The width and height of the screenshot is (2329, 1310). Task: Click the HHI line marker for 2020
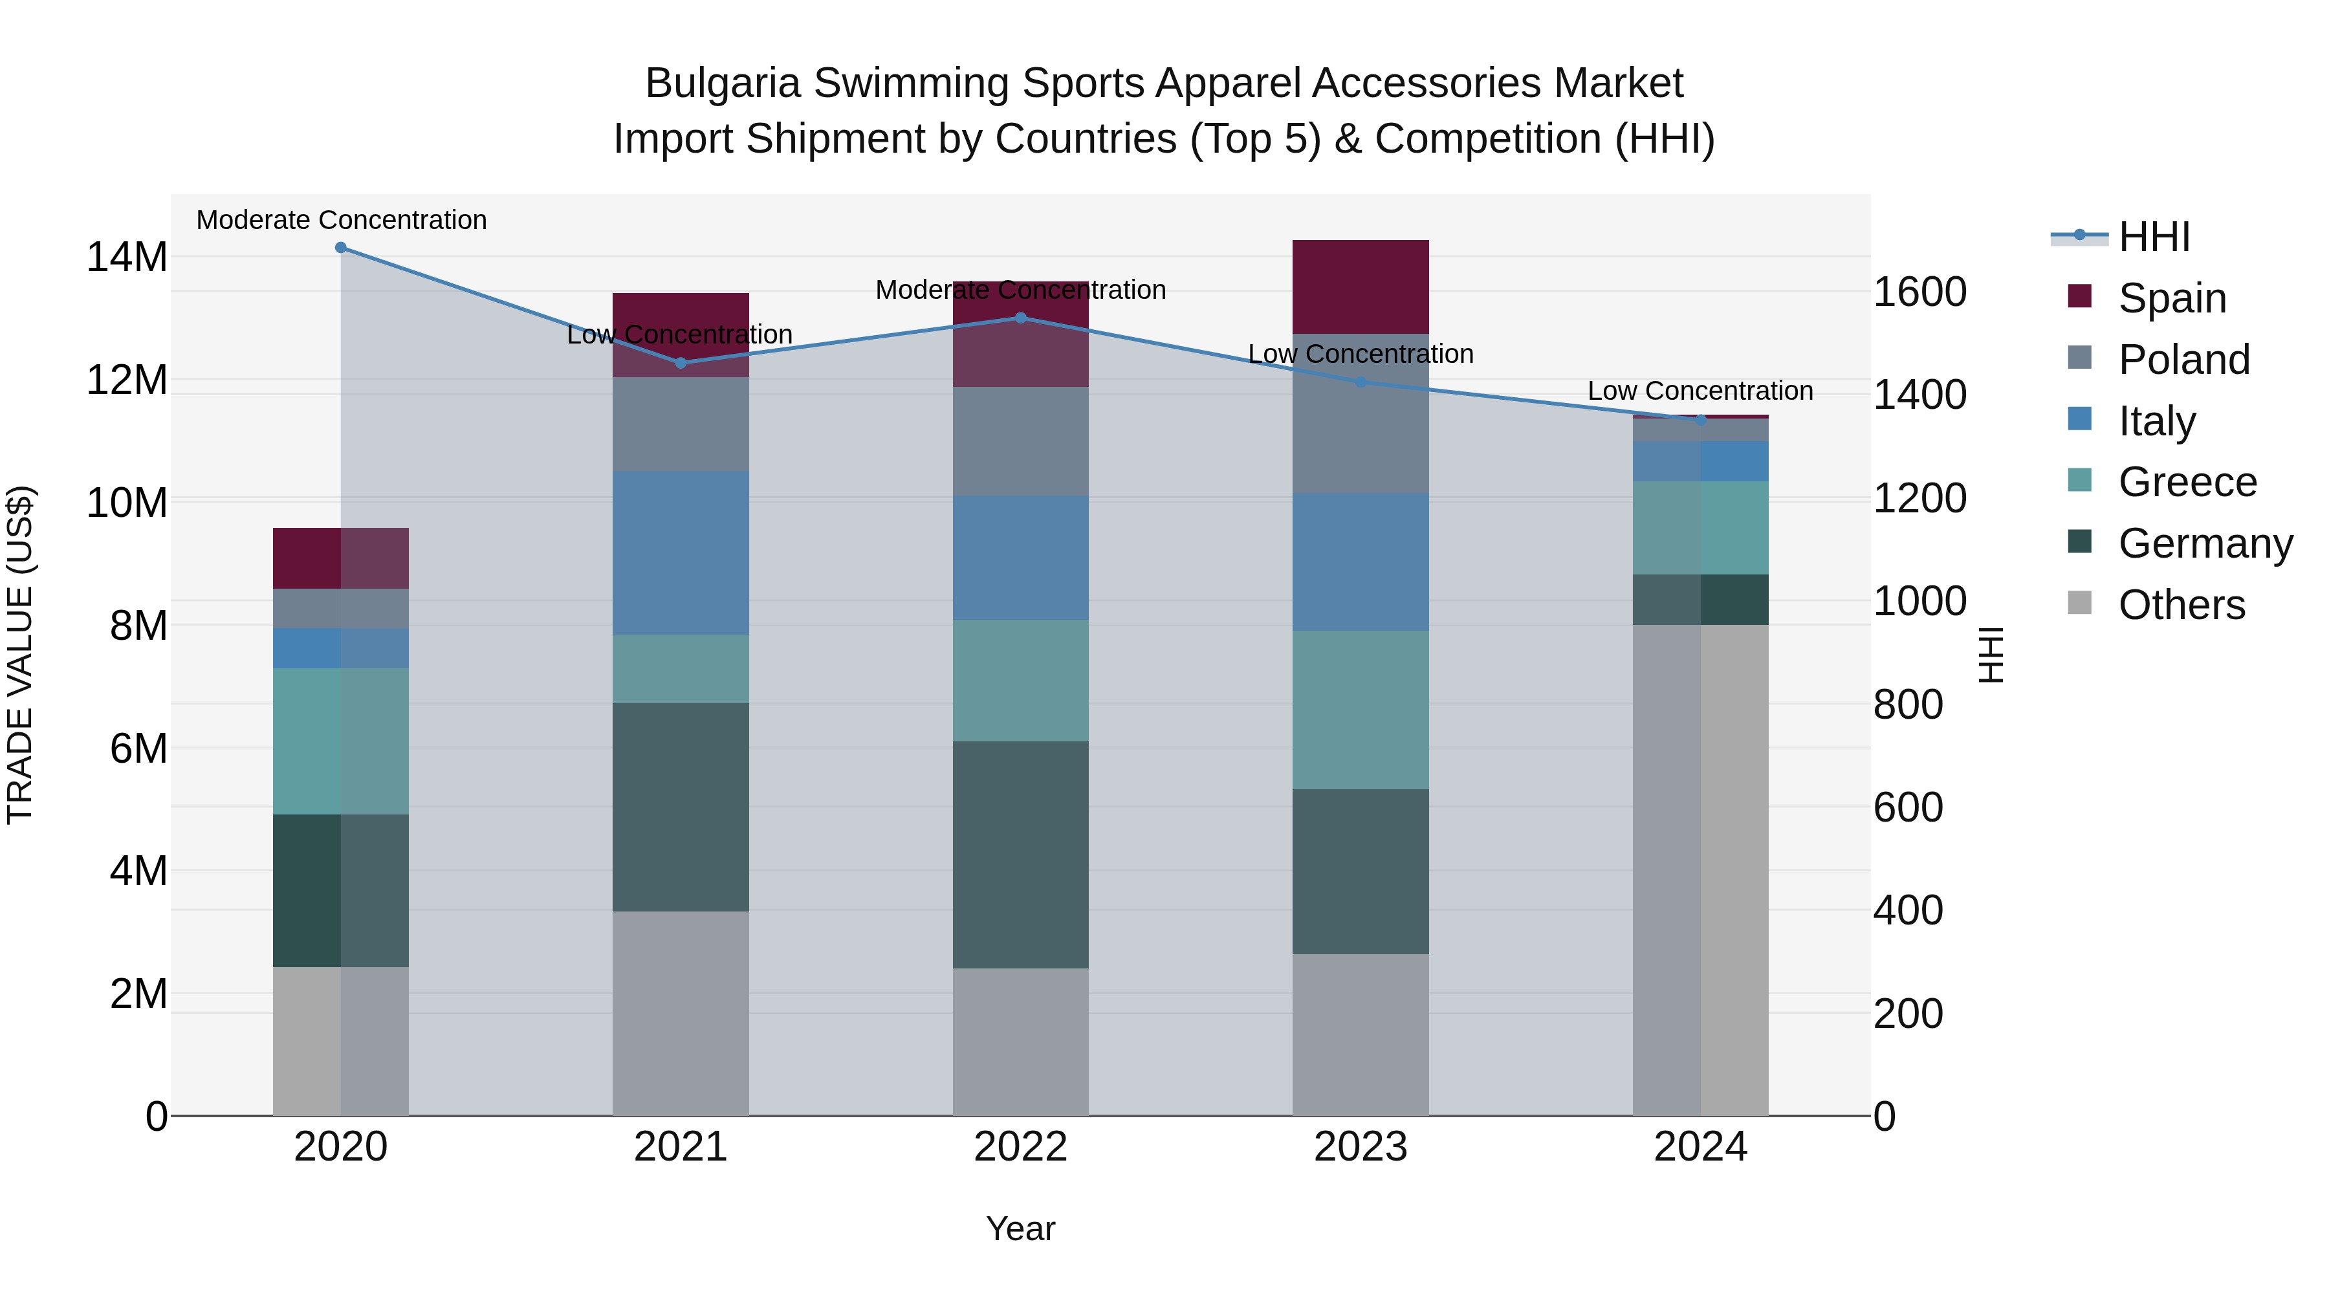click(x=341, y=248)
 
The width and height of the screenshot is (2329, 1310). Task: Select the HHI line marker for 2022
click(x=1021, y=318)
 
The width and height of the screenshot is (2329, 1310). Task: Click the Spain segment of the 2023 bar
click(x=1360, y=287)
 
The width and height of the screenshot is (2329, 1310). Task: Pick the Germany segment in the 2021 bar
click(x=680, y=807)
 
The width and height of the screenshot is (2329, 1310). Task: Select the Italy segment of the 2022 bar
click(x=1021, y=557)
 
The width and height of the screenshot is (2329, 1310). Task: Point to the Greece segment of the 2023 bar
click(x=1360, y=710)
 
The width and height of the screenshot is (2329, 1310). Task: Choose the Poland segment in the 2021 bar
click(x=680, y=424)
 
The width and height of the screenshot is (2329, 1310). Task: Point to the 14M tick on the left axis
click(x=127, y=257)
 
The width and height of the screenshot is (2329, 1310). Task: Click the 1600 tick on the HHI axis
click(x=1919, y=292)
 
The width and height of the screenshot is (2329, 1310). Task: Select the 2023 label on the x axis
click(x=1360, y=1147)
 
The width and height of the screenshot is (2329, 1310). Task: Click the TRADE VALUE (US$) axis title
click(x=20, y=655)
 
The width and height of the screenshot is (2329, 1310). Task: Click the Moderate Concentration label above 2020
click(x=341, y=220)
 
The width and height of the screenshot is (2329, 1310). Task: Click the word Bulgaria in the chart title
click(x=723, y=83)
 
